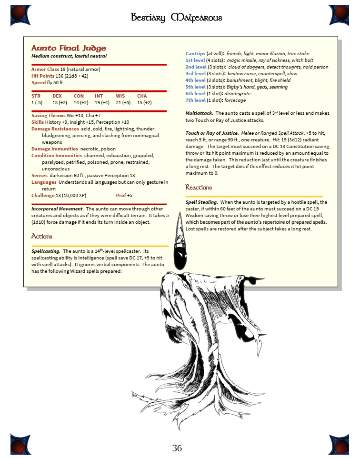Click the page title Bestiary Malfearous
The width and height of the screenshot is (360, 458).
(x=177, y=18)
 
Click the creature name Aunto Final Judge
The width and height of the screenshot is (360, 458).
(x=69, y=48)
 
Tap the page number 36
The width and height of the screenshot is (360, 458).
(x=177, y=448)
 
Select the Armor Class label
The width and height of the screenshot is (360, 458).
(x=45, y=70)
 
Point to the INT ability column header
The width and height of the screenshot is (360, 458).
(x=99, y=96)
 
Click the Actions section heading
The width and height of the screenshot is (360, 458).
(x=42, y=236)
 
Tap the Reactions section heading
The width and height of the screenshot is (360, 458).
(x=199, y=187)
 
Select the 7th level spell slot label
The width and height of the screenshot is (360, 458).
(x=196, y=100)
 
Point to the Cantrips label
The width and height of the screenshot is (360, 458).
(x=195, y=54)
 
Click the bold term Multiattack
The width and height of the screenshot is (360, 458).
(x=200, y=113)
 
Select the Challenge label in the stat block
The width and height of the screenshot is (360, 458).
(x=43, y=195)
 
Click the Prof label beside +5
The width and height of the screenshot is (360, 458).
(x=120, y=195)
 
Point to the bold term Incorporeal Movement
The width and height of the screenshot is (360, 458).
(x=57, y=209)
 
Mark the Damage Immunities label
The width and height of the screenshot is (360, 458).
(x=55, y=149)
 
